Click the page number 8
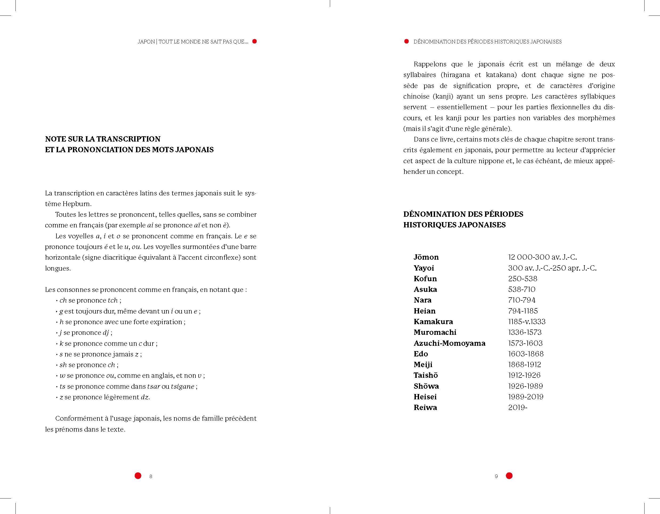(x=151, y=476)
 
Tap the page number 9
(x=496, y=476)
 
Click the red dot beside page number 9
(x=509, y=476)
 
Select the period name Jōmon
(x=426, y=257)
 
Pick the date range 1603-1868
(x=526, y=354)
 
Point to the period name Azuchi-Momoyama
(x=449, y=343)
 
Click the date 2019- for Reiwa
(x=518, y=408)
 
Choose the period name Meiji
(x=423, y=364)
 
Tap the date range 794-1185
(x=523, y=311)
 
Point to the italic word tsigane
(x=183, y=386)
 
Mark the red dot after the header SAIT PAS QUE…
(x=255, y=41)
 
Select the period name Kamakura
(x=433, y=322)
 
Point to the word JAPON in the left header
(x=146, y=42)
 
